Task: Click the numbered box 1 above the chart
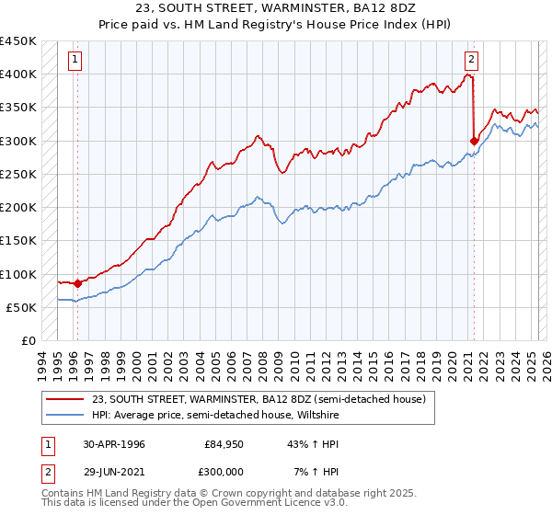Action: pos(75,61)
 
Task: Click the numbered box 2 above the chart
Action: pos(471,61)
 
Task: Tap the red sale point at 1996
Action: pos(77,283)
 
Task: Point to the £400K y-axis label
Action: pos(18,74)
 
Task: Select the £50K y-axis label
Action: pos(21,307)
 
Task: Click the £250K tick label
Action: pos(18,174)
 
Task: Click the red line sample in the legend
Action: pos(64,399)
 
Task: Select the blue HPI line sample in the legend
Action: pos(64,415)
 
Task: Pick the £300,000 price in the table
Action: pos(225,471)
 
